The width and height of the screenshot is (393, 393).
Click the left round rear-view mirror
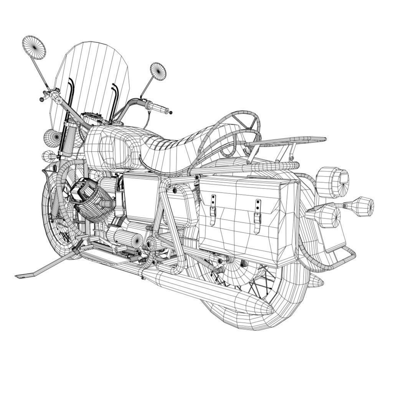34,48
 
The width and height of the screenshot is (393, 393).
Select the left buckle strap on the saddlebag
213,207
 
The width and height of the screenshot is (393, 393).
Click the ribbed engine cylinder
92,203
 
